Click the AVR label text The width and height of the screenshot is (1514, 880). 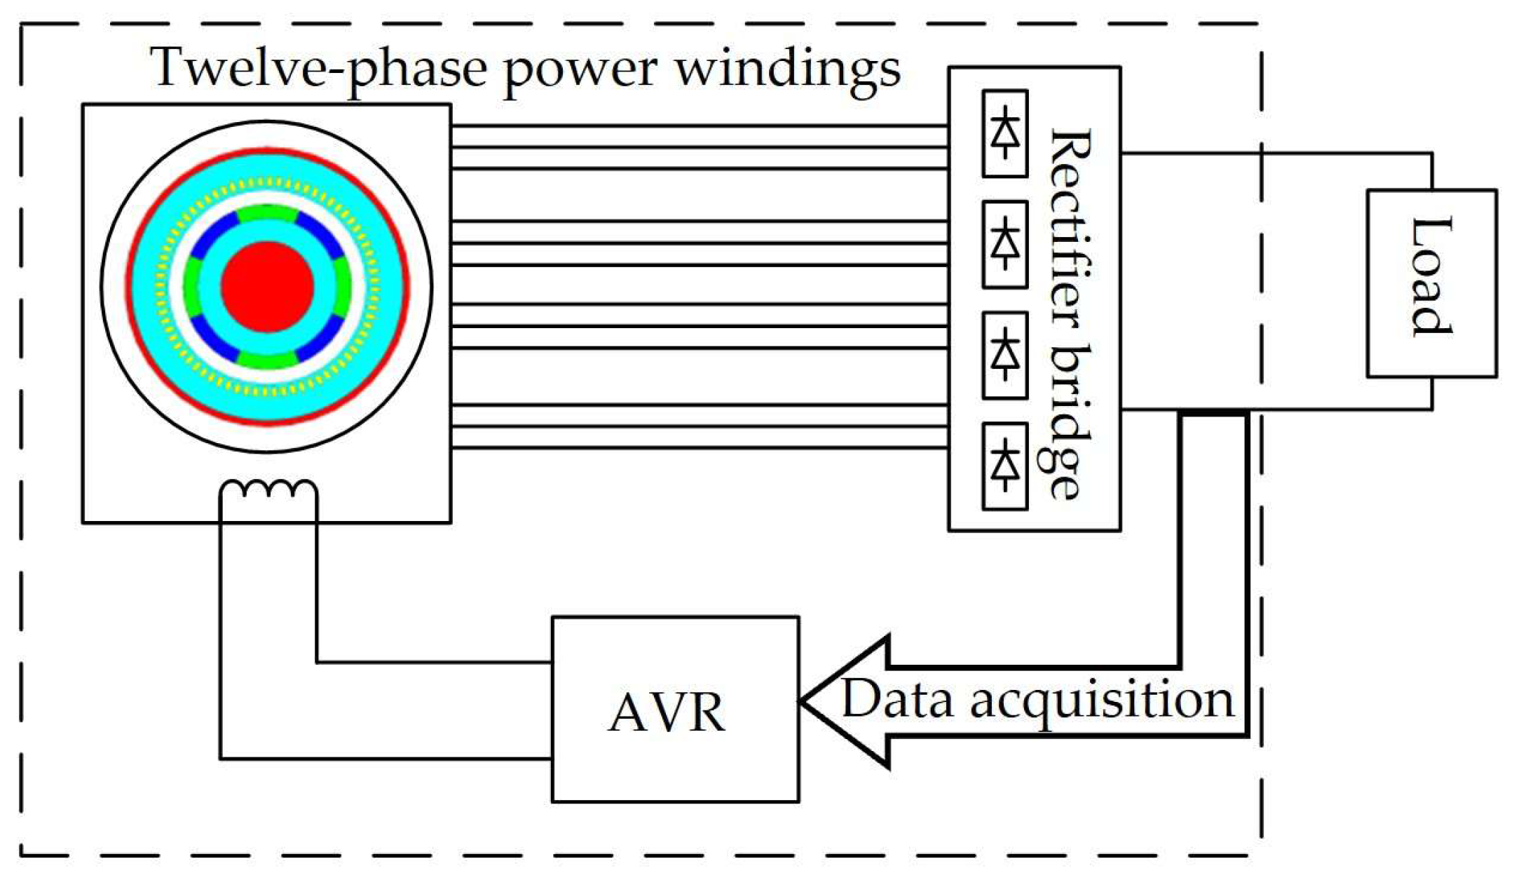coord(667,713)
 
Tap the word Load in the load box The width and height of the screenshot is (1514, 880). coord(1431,277)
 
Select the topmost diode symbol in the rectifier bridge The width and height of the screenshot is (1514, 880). coord(1005,133)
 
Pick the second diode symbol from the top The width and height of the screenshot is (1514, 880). coord(1005,244)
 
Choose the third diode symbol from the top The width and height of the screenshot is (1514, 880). coord(1005,356)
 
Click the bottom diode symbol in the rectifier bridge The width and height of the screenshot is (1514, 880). coord(1005,466)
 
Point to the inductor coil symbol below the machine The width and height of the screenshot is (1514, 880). coord(268,489)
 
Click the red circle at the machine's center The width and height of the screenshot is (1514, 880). coord(267,287)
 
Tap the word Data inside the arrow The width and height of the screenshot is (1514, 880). coord(898,698)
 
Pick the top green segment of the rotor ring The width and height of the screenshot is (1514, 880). coord(267,213)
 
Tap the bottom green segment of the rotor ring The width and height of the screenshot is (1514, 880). coord(267,360)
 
